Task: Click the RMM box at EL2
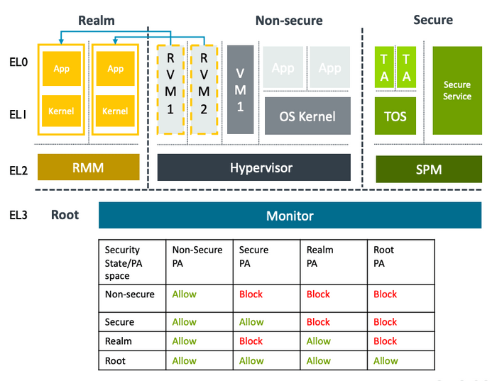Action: (88, 167)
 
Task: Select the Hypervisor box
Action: (253, 167)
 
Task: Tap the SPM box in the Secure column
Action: (428, 170)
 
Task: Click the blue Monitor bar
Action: (289, 216)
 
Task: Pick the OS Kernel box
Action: (307, 116)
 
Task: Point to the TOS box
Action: (395, 116)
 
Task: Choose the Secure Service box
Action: (457, 90)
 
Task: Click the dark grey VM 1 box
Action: (240, 89)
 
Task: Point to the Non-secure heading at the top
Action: (288, 21)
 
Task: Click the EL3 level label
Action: (18, 215)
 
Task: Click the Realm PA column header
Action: (319, 256)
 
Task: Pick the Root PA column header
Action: (384, 256)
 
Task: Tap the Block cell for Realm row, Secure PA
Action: (251, 341)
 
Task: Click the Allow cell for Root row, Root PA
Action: (386, 360)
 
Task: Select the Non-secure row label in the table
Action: (129, 294)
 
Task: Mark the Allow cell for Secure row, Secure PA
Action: (251, 322)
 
